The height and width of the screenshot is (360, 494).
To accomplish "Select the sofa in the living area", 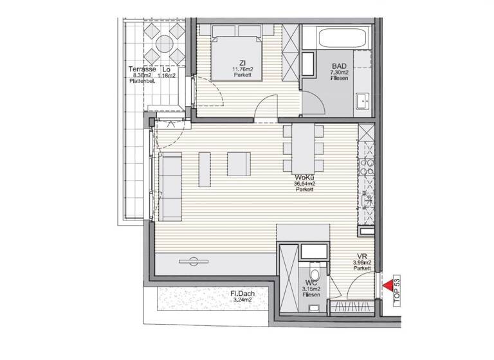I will [171, 186].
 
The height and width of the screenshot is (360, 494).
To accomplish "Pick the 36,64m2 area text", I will [305, 183].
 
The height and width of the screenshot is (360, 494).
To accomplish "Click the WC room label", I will [311, 282].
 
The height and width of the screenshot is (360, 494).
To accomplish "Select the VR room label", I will [361, 255].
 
